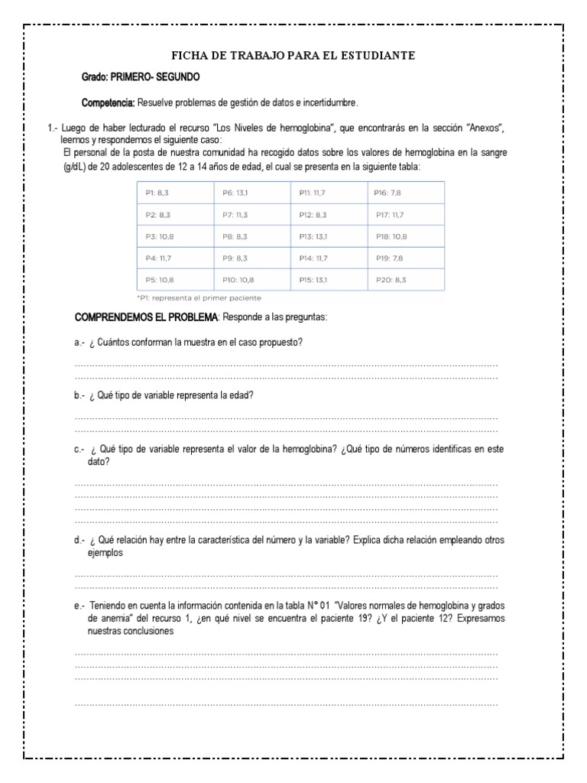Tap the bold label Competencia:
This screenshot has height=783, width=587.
click(x=109, y=102)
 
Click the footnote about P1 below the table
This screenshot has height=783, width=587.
click(x=199, y=297)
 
